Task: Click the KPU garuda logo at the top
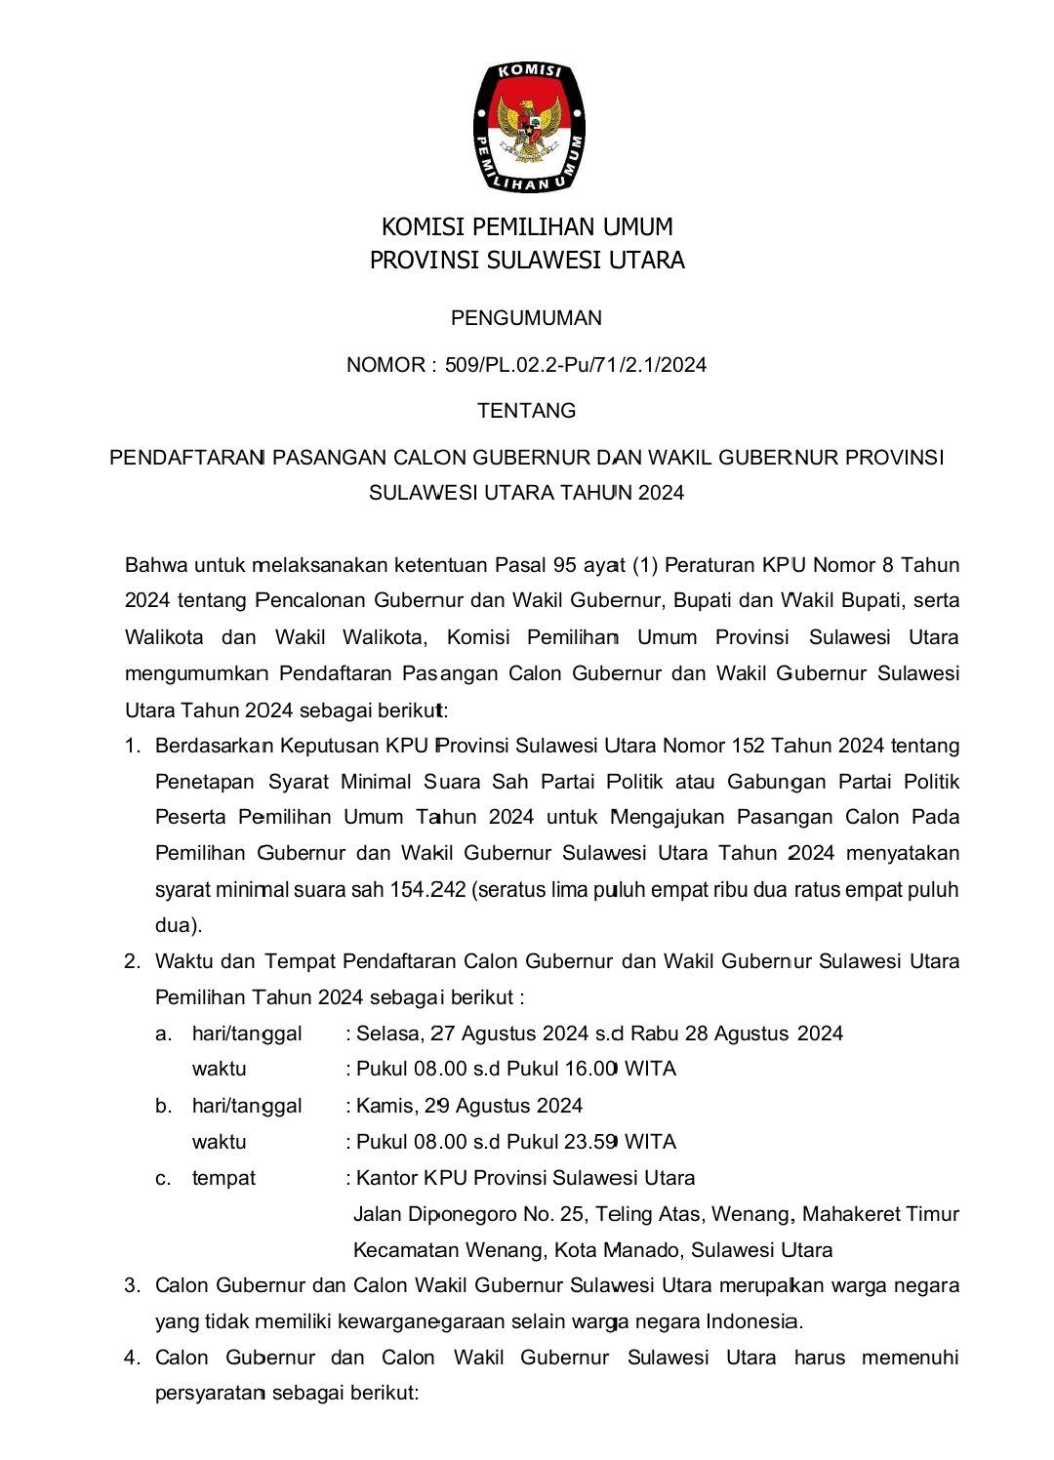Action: coord(527,127)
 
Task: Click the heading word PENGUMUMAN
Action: coord(526,318)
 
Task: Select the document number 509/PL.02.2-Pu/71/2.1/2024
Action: coord(576,365)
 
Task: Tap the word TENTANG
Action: coord(526,411)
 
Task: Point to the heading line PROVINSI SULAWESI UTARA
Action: coord(527,261)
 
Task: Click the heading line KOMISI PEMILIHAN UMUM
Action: coord(527,227)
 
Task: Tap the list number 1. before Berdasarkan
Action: coord(133,747)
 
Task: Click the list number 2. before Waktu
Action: coord(133,961)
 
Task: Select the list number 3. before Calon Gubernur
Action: coord(133,1285)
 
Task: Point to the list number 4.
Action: coord(133,1358)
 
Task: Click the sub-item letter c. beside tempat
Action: coord(163,1179)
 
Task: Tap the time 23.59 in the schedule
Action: coord(591,1142)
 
